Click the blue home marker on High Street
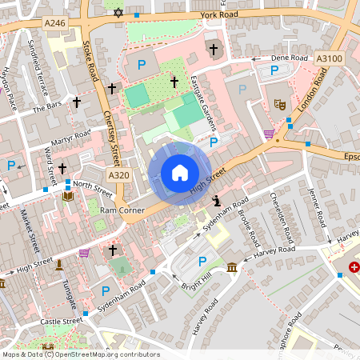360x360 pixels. point(179,172)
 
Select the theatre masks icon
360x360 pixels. point(281,104)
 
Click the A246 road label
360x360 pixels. point(55,24)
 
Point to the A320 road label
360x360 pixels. point(118,175)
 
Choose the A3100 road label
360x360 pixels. point(329,58)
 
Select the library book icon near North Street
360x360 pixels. point(67,196)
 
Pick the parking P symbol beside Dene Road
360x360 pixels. point(274,70)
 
